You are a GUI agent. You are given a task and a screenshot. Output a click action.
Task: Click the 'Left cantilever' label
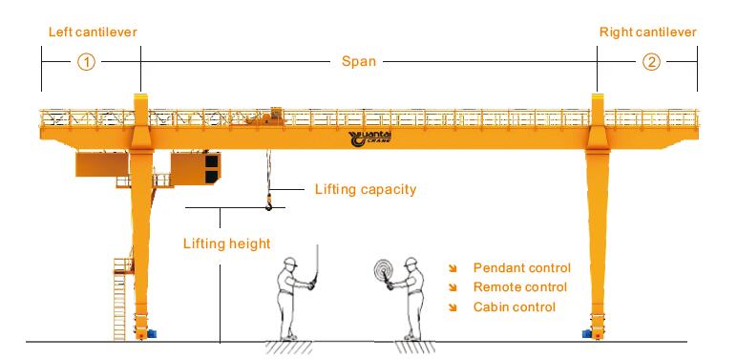[x=93, y=32]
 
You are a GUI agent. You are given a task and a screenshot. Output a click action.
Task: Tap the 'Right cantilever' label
[x=647, y=32]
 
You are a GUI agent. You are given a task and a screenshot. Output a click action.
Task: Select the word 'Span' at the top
[x=359, y=61]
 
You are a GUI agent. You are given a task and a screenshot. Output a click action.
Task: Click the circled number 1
[x=86, y=62]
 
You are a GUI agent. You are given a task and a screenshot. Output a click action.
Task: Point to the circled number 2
[x=650, y=62]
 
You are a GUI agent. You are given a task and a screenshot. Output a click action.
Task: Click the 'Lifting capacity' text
[x=366, y=189]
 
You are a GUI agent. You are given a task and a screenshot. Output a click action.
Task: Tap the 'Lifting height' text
[x=226, y=244]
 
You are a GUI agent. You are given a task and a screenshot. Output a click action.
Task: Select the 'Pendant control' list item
[x=521, y=268]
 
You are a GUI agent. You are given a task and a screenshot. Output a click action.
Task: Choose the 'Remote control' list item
[x=519, y=287]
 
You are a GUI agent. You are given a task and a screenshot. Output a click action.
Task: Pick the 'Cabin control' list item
[x=514, y=307]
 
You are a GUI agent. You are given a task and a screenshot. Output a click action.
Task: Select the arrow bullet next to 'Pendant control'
[x=454, y=268]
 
